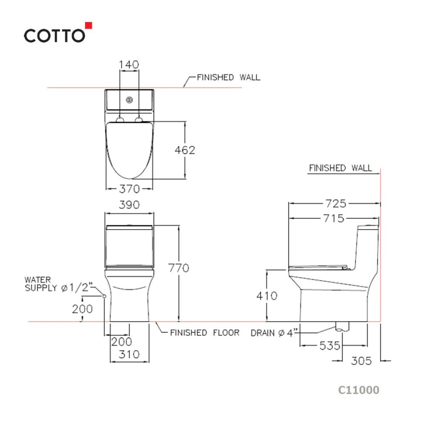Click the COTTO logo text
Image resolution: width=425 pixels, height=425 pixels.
tap(54, 36)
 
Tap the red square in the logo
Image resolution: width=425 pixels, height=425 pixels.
tap(89, 25)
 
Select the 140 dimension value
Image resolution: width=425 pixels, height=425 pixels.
tap(129, 64)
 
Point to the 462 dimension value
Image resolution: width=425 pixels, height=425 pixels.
tap(185, 150)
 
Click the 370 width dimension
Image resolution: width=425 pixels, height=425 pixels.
tap(129, 189)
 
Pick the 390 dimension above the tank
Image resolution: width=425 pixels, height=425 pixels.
tap(129, 205)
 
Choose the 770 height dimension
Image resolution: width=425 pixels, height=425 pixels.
tap(178, 268)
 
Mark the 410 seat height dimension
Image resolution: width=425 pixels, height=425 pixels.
tap(267, 296)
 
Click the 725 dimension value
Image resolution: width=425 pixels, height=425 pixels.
tap(336, 203)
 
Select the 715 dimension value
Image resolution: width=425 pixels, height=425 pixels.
tap(334, 218)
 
